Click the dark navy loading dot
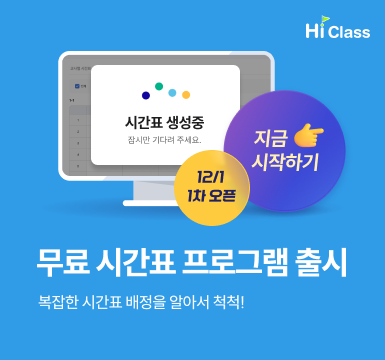(146, 96)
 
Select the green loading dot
(159, 86)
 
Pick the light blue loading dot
(172, 93)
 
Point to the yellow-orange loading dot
(186, 95)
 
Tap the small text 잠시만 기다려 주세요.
(165, 139)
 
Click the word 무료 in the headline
(61, 264)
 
